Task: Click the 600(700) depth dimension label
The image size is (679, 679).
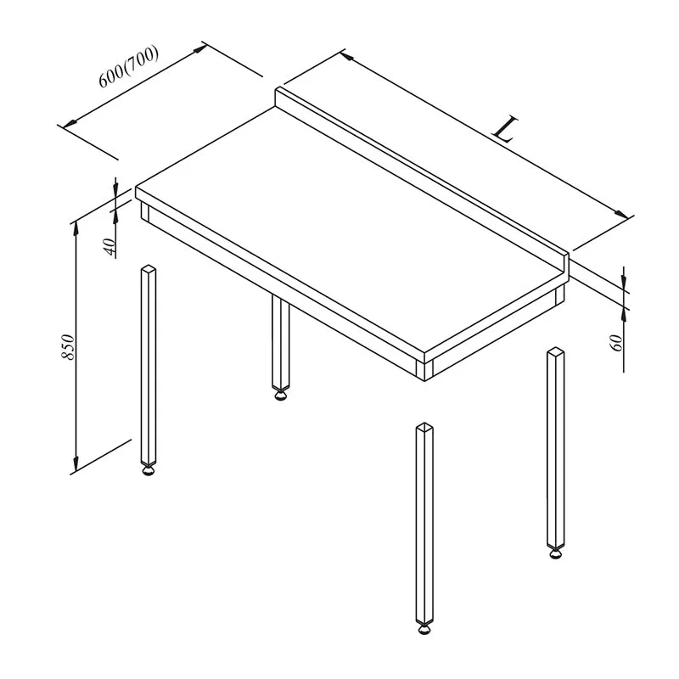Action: click(x=129, y=66)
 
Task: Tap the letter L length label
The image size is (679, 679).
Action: click(x=505, y=129)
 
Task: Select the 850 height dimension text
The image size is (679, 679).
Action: click(x=69, y=346)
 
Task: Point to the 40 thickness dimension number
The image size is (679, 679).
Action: click(x=110, y=247)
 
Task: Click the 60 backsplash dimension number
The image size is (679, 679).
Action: click(x=616, y=343)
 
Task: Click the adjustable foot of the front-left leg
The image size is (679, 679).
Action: click(x=149, y=469)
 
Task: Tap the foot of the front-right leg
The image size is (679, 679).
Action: click(x=424, y=628)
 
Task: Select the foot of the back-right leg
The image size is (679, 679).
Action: click(x=556, y=553)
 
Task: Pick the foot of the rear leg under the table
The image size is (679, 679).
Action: click(x=281, y=395)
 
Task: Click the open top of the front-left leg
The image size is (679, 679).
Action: click(x=149, y=268)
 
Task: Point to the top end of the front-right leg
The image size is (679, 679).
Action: click(x=424, y=427)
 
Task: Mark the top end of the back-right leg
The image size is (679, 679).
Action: click(x=556, y=351)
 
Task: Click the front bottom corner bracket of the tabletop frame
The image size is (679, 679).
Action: click(x=424, y=371)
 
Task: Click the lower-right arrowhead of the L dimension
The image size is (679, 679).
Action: click(x=621, y=215)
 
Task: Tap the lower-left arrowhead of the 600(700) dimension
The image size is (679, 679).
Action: click(x=70, y=122)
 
